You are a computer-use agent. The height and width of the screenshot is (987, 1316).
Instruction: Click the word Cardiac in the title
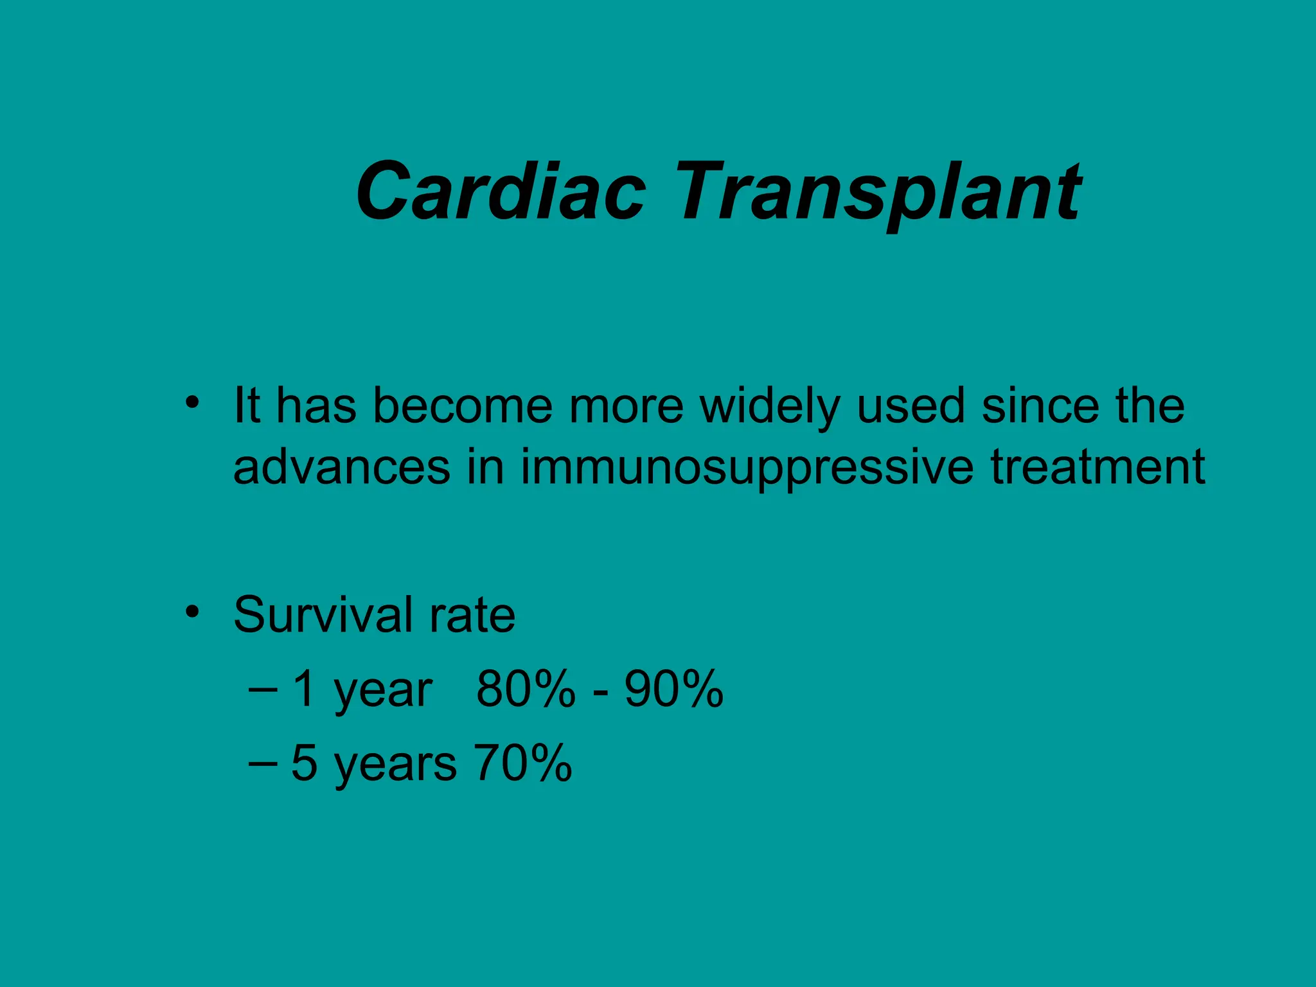[x=500, y=191]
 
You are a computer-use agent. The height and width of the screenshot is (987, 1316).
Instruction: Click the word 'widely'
[x=770, y=407]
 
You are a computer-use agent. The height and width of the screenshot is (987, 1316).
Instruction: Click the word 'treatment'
[x=1098, y=467]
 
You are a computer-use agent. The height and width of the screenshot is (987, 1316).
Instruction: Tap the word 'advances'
[x=341, y=467]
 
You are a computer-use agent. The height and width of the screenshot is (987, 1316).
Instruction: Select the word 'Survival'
[x=323, y=615]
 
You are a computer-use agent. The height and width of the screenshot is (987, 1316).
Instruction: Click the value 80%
[x=526, y=689]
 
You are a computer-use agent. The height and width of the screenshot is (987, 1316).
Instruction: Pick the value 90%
[x=673, y=689]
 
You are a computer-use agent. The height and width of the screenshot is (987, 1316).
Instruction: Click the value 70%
[x=522, y=763]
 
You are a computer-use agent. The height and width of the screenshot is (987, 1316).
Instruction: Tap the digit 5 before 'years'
[x=305, y=763]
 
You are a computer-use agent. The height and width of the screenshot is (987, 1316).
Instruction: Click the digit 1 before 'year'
[x=305, y=689]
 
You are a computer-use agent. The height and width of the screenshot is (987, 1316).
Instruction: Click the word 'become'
[x=463, y=406]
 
